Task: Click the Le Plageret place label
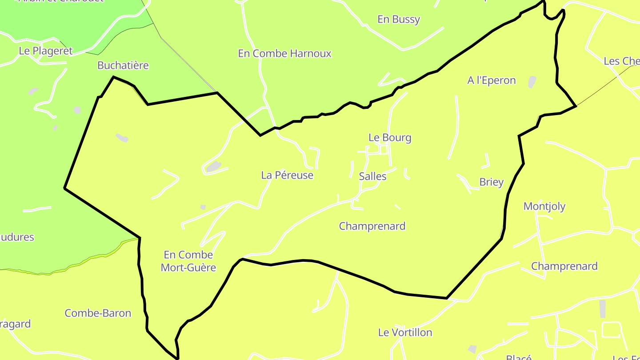coord(45,51)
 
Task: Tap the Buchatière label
coord(123,65)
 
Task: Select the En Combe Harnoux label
coord(285,54)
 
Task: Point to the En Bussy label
coord(399,20)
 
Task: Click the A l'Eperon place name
coord(492,80)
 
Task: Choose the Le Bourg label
coord(390,138)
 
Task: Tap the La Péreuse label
coord(287,175)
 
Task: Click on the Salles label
coord(372,176)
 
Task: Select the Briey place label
coord(492,182)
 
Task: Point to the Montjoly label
coord(544,206)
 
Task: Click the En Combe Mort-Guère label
coord(188,261)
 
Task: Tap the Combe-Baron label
coord(98,313)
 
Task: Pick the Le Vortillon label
coord(405,332)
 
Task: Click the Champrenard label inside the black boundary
coord(372,226)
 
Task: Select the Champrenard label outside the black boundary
coord(564,266)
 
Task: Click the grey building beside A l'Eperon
coord(532,82)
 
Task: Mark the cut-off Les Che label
coord(621,61)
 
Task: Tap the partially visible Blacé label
coord(519,357)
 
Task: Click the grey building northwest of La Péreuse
coord(213,167)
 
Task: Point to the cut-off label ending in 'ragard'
coord(16,324)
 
